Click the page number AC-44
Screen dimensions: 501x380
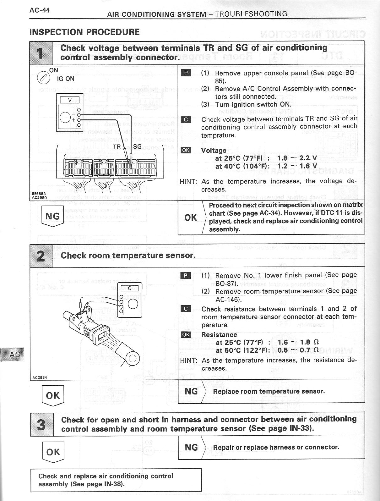point(40,10)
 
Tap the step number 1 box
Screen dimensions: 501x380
point(41,53)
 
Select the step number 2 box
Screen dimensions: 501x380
point(41,256)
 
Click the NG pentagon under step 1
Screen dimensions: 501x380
point(52,216)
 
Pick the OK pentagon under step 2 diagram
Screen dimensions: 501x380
point(52,396)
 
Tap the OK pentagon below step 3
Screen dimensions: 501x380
point(52,452)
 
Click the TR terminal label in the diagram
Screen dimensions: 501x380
point(117,147)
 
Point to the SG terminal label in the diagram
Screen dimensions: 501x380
point(137,147)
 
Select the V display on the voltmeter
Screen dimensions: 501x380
point(69,100)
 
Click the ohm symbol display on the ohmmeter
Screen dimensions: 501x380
point(129,288)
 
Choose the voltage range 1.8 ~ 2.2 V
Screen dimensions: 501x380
point(297,158)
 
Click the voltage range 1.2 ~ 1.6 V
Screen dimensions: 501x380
point(297,166)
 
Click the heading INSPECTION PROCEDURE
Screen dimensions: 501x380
point(84,32)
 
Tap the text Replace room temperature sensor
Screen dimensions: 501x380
point(269,391)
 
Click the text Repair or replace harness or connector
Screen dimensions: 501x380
point(276,447)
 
